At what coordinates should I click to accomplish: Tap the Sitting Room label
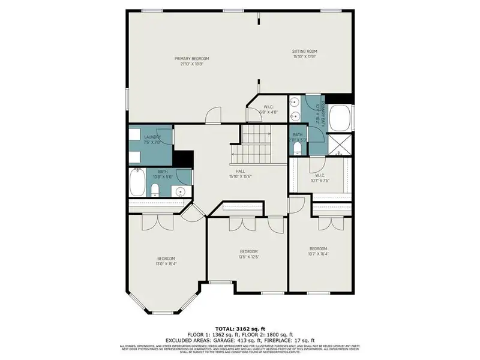pyautogui.click(x=304, y=52)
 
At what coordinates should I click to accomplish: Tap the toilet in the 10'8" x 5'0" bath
pyautogui.click(x=155, y=191)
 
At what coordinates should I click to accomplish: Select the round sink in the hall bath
pyautogui.click(x=179, y=191)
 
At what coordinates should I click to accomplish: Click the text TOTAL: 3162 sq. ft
pyautogui.click(x=239, y=328)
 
